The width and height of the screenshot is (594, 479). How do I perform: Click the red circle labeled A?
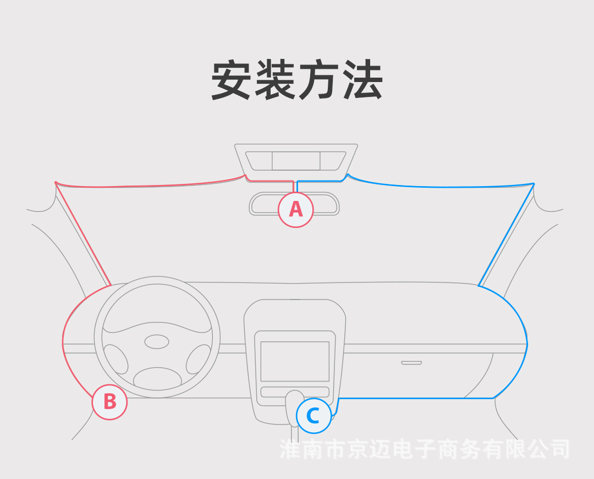[x=296, y=210]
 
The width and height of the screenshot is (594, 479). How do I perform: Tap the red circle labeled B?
[x=110, y=402]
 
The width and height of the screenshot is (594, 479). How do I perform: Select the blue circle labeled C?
[x=313, y=416]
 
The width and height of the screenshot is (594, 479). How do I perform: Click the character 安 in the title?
[x=231, y=80]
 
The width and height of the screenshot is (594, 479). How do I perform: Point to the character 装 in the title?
[x=274, y=80]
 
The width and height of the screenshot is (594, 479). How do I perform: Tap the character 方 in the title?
[x=319, y=80]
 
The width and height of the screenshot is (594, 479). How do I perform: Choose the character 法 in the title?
[x=363, y=80]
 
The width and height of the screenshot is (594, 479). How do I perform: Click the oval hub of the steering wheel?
[x=157, y=342]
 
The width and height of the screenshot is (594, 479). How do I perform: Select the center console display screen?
[x=295, y=361]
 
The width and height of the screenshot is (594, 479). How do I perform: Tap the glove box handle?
[x=411, y=363]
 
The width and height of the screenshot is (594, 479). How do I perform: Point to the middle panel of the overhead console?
[x=296, y=161]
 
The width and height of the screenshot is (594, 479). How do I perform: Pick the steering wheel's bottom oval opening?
[x=157, y=378]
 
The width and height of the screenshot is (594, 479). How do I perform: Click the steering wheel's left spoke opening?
[x=116, y=359]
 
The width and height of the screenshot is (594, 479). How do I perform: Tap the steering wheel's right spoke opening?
[x=198, y=359]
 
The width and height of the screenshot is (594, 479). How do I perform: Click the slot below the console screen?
[x=295, y=392]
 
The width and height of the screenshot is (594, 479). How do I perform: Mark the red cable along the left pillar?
[x=83, y=233]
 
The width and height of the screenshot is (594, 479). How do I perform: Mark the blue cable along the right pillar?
[x=506, y=235]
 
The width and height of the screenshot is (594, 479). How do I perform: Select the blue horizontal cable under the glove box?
[x=416, y=398]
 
